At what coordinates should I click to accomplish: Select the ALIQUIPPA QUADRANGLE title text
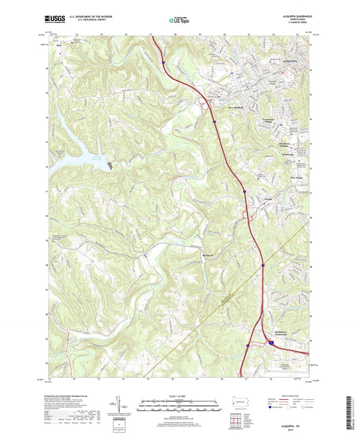(x=292, y=14)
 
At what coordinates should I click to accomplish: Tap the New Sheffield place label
(x=234, y=106)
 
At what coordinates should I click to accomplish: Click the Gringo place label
(x=268, y=201)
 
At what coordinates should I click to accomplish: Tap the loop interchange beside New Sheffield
(x=203, y=103)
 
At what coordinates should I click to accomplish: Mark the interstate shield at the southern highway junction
(x=271, y=343)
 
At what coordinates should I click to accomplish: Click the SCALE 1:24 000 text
(x=180, y=396)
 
